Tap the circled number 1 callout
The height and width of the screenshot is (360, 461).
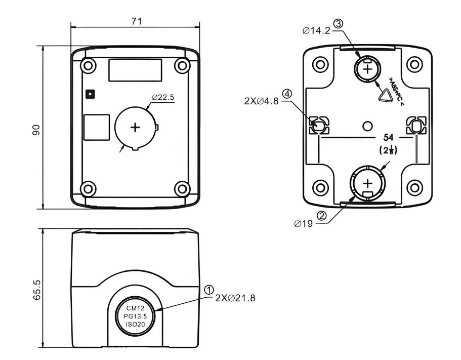coord(208,289)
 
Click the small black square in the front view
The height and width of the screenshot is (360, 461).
coord(90,93)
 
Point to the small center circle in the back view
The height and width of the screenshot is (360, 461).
coord(368,125)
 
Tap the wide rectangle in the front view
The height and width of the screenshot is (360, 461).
coord(135,69)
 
